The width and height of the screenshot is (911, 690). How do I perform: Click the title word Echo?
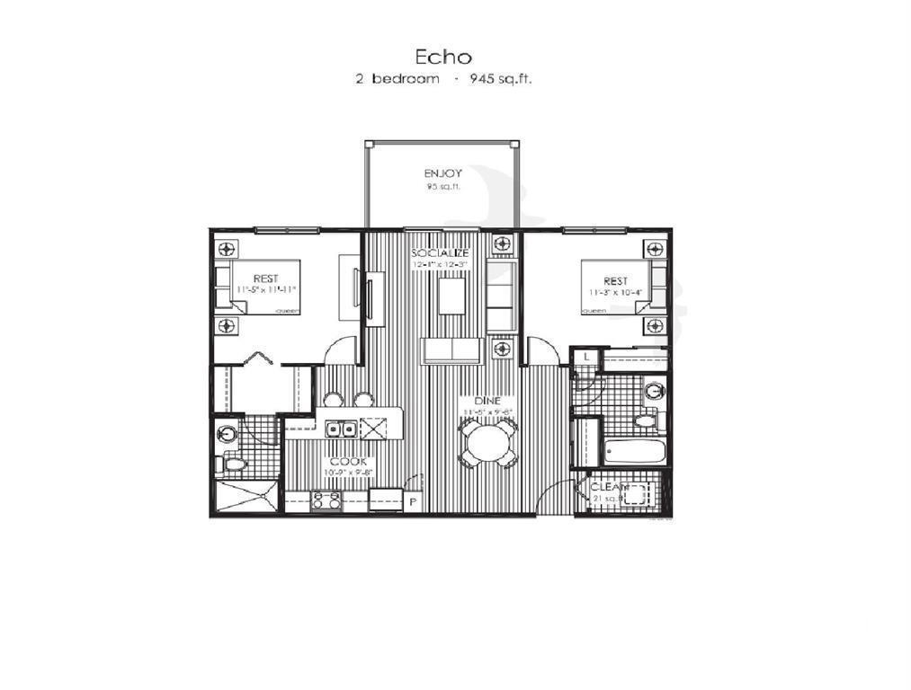(443, 56)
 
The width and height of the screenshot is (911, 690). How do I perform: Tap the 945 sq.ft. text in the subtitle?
(496, 79)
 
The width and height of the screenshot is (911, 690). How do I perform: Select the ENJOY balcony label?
(442, 172)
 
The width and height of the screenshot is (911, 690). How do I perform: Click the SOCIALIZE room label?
(441, 253)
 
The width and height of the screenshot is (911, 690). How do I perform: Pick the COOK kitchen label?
(346, 461)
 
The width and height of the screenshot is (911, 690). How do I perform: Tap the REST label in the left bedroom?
(264, 278)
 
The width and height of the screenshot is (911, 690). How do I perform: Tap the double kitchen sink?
(339, 428)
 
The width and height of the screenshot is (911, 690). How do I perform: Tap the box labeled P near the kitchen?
(413, 502)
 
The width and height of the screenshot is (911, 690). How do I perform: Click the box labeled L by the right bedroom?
(586, 358)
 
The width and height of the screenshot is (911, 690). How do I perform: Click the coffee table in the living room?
(452, 296)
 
